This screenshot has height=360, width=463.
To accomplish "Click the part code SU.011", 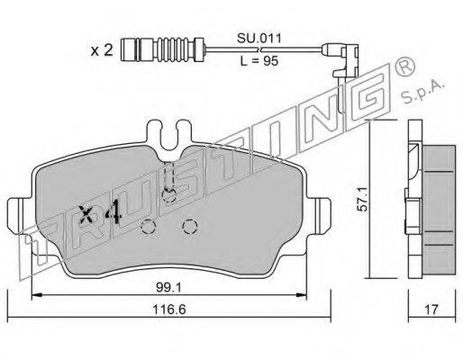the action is pyautogui.click(x=259, y=38).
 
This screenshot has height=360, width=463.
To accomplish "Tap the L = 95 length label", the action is pyautogui.click(x=259, y=61).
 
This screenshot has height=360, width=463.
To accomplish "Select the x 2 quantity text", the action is pyautogui.click(x=102, y=50).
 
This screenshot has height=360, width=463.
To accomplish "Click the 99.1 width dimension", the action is pyautogui.click(x=168, y=288).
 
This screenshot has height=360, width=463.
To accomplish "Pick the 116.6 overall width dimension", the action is pyautogui.click(x=169, y=310).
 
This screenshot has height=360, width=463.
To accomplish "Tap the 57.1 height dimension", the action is pyautogui.click(x=363, y=199).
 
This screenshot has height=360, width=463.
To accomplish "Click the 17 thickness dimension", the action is pyautogui.click(x=431, y=310).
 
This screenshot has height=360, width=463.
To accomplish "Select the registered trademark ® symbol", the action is pyautogui.click(x=404, y=67).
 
